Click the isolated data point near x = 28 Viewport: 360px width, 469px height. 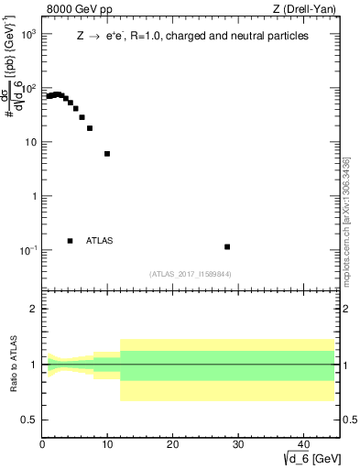click(x=227, y=246)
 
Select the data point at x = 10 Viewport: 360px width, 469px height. click(x=107, y=154)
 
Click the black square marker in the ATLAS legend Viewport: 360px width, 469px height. click(x=70, y=241)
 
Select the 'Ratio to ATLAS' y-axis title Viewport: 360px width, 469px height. click(x=14, y=365)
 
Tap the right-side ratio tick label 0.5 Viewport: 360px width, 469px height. click(x=348, y=420)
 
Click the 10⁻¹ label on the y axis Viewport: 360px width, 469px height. click(x=27, y=250)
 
